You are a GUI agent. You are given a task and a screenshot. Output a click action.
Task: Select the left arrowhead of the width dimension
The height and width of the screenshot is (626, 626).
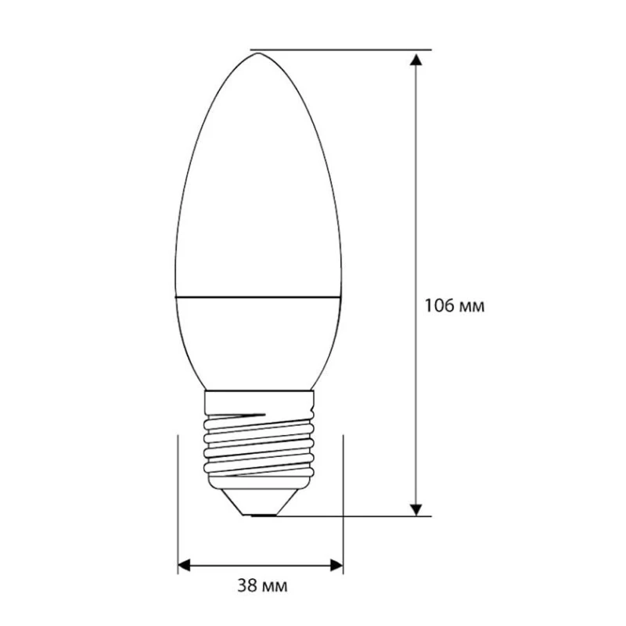(185, 563)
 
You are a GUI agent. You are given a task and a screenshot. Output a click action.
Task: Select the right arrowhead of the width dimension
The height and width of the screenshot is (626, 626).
(336, 563)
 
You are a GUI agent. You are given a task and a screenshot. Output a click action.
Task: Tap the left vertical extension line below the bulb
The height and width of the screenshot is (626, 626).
(178, 501)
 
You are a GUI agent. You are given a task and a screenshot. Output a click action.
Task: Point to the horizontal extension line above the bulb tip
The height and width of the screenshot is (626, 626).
(344, 49)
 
